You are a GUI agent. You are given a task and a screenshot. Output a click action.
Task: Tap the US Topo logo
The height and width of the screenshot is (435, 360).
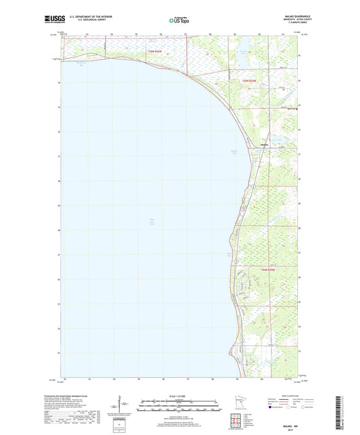[179, 21]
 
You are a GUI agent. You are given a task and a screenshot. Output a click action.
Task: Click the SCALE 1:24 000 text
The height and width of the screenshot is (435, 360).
[180, 396]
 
